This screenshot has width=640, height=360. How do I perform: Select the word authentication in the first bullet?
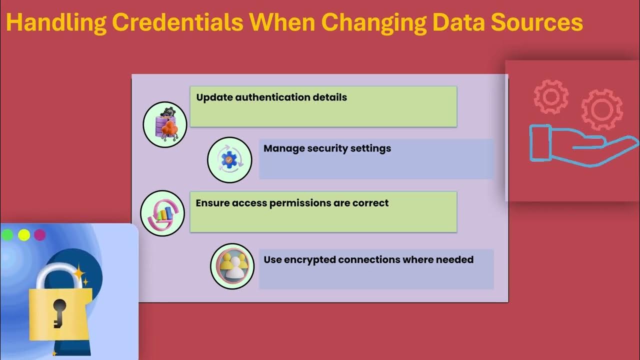(x=257, y=97)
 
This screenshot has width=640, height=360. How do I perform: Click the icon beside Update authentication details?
(x=165, y=124)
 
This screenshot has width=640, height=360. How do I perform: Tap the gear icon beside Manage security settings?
(x=229, y=160)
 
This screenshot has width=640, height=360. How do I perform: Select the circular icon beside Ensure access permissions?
(x=162, y=213)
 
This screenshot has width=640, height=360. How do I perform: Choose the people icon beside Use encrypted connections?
(x=232, y=266)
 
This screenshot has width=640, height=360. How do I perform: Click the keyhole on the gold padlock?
(x=59, y=312)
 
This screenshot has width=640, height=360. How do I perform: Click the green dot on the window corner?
(x=7, y=235)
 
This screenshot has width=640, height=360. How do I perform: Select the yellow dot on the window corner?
(x=23, y=235)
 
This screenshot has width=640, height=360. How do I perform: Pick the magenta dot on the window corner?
(x=39, y=235)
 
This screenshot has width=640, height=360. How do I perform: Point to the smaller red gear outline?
(x=550, y=96)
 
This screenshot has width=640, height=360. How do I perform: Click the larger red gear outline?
(x=601, y=109)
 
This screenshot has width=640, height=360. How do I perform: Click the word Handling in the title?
(x=55, y=23)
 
